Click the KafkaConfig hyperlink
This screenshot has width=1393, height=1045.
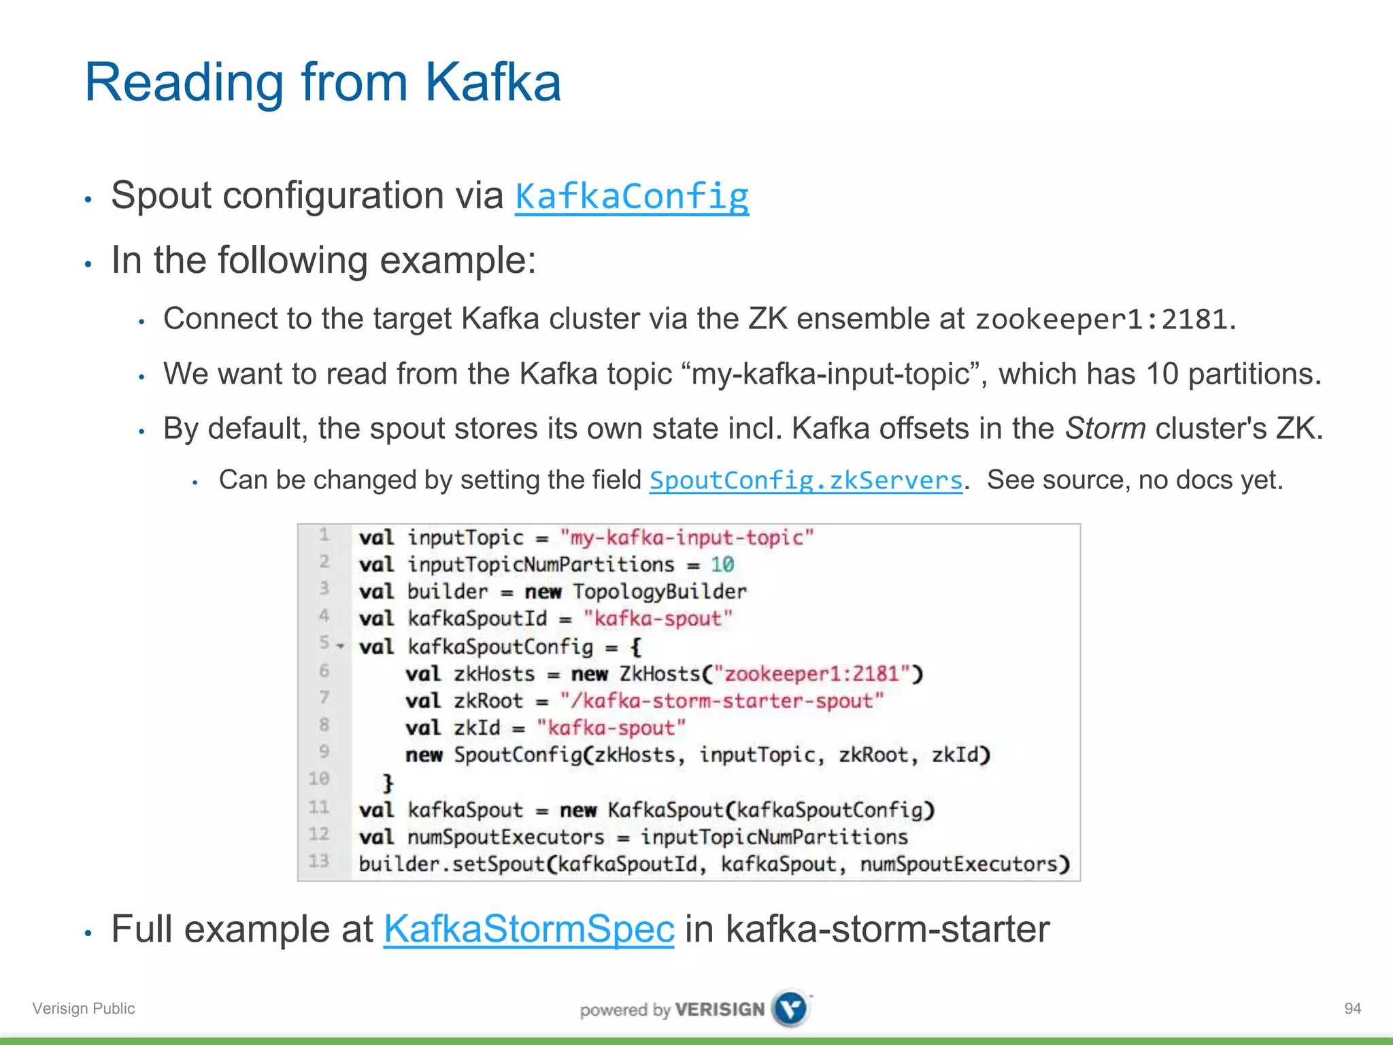point(632,197)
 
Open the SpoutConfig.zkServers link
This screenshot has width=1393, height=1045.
point(806,480)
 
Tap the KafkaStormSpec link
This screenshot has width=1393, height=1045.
point(528,929)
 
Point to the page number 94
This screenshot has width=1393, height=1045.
point(1352,1008)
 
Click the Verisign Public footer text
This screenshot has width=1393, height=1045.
point(84,1008)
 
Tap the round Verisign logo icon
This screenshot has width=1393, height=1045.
point(791,1008)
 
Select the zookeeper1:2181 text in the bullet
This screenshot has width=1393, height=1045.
point(1102,319)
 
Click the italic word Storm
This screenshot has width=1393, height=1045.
point(1105,429)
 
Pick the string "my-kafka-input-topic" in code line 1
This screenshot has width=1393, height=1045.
point(686,537)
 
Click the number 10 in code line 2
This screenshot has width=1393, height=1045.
point(722,565)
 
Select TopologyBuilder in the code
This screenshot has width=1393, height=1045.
point(659,592)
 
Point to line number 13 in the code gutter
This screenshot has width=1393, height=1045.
point(318,861)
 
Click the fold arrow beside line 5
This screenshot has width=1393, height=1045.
point(341,646)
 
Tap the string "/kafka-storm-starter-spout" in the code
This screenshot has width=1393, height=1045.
point(721,701)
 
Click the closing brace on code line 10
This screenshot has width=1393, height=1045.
point(388,782)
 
